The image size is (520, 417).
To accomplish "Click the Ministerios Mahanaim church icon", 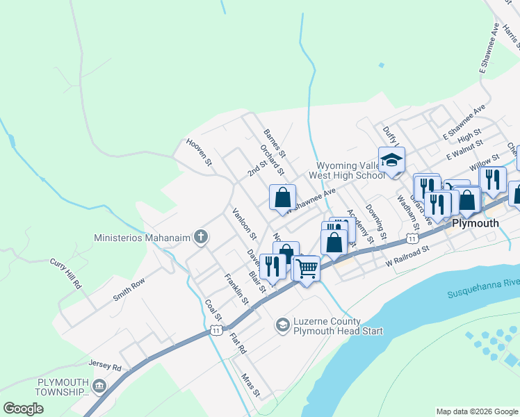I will point(201,238).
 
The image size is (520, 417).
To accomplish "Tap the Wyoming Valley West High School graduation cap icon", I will point(391,160).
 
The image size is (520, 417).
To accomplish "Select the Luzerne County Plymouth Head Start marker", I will point(282,325).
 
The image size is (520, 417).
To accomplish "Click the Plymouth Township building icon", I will point(99,386).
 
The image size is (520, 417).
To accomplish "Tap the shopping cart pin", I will point(306,267).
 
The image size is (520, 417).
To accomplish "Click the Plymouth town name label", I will point(476,223).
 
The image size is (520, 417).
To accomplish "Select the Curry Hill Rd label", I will point(66,275).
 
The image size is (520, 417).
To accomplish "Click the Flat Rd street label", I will point(238,343).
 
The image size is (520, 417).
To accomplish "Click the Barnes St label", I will point(275,141).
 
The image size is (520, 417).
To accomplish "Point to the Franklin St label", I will point(236,288).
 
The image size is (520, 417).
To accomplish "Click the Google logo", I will point(23,409).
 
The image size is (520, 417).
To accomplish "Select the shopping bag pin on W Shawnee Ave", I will point(283,197).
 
